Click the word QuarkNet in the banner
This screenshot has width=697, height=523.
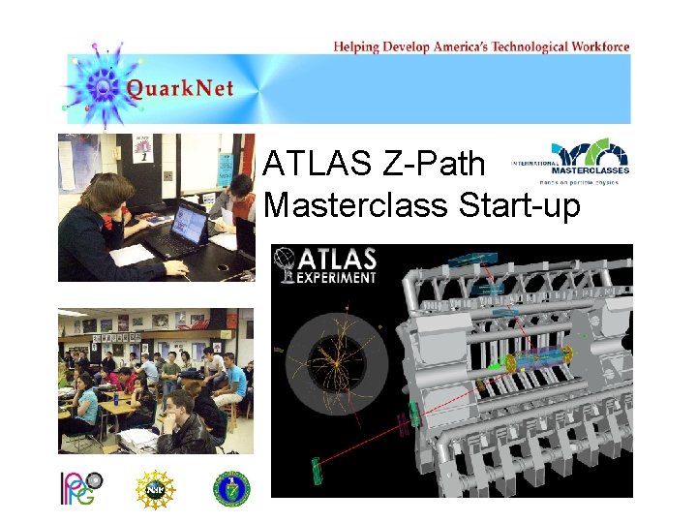click(179, 90)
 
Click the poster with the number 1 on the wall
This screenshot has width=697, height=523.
click(142, 148)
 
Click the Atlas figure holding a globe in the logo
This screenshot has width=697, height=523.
click(287, 264)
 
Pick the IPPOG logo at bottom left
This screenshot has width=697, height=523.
click(81, 489)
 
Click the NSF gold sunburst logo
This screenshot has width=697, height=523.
click(153, 489)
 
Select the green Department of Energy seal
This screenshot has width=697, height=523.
click(231, 489)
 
